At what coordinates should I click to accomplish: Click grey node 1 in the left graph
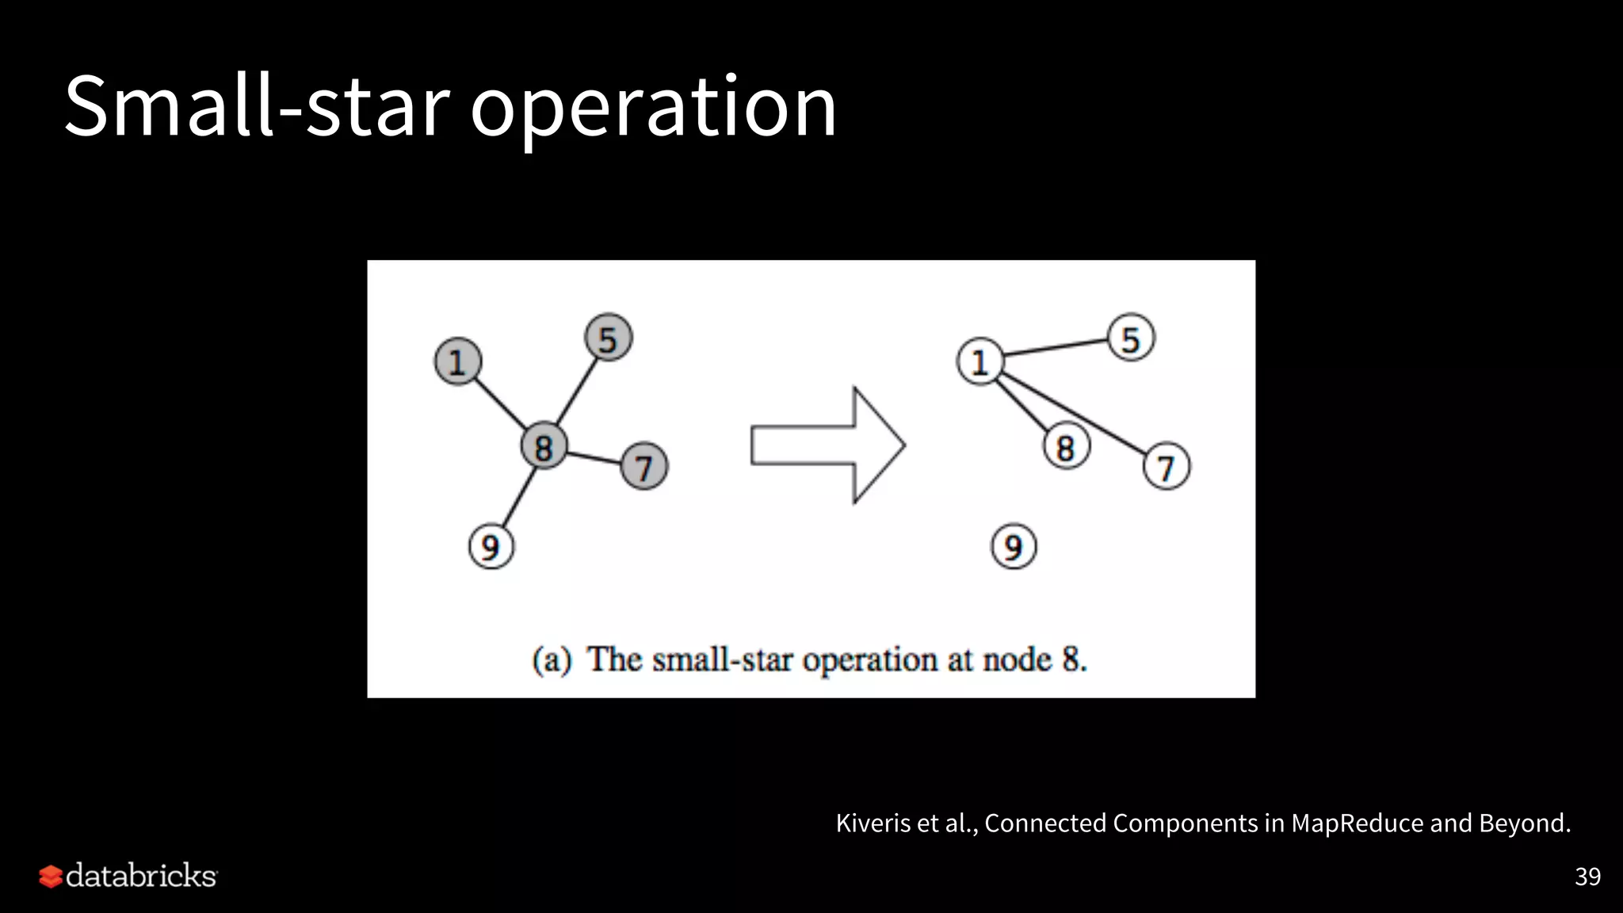(457, 361)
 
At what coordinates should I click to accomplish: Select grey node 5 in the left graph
(608, 338)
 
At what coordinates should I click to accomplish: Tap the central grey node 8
(544, 446)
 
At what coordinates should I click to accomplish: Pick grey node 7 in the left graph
(643, 466)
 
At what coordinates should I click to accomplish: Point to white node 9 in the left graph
(491, 546)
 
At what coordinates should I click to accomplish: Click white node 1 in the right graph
(980, 361)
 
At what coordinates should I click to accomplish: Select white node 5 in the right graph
(1131, 338)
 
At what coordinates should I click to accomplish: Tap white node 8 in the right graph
(1066, 447)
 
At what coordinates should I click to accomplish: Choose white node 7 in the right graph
(1166, 466)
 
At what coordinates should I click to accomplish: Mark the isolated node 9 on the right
(1014, 546)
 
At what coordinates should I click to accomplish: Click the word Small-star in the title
(257, 106)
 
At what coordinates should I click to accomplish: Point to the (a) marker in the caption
(552, 660)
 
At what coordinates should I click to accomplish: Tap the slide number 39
(1587, 876)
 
